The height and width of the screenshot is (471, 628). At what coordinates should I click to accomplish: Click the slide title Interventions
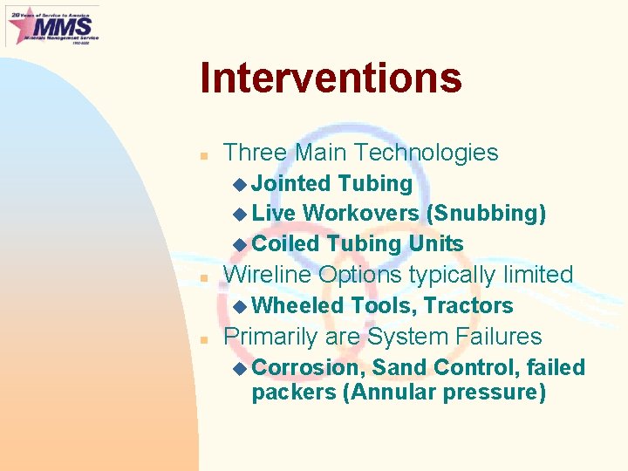[x=330, y=78]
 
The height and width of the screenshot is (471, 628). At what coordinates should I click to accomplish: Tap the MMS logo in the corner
[x=52, y=25]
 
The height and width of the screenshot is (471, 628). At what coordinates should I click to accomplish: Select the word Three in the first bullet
[x=255, y=153]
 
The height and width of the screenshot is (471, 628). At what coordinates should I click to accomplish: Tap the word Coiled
[x=285, y=243]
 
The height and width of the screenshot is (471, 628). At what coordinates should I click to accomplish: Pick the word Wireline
[x=268, y=275]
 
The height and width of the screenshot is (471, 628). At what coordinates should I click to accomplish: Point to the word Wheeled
[x=297, y=306]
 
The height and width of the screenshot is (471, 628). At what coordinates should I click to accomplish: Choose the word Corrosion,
[x=308, y=368]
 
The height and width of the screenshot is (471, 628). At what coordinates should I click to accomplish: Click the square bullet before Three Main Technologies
[x=202, y=155]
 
